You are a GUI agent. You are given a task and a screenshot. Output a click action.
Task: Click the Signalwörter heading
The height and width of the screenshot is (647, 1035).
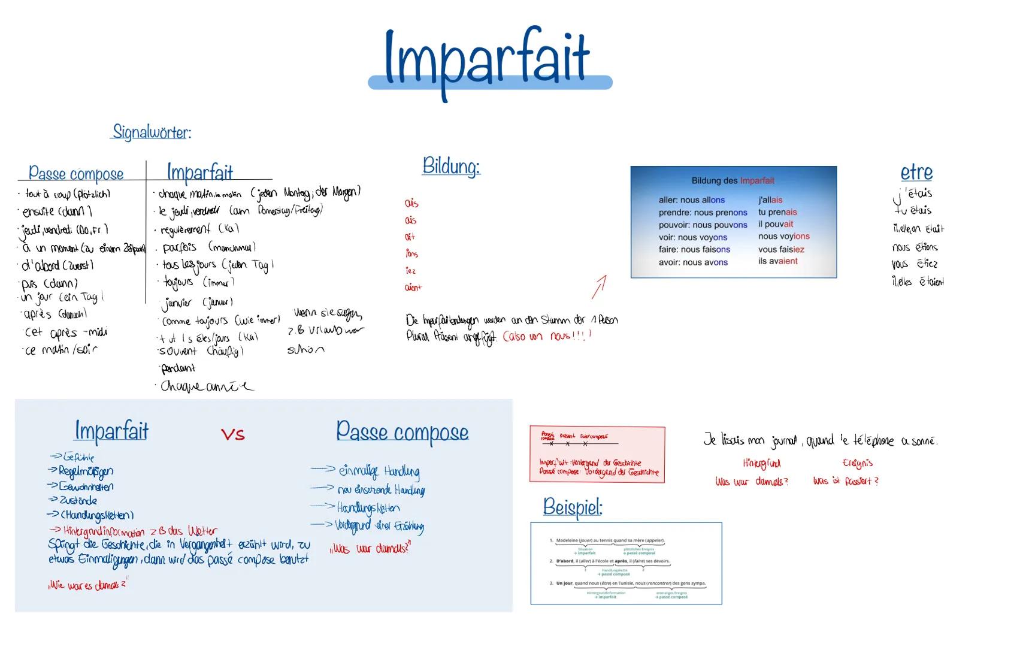tap(152, 132)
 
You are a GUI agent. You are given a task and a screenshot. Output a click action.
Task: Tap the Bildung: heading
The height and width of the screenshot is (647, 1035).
tap(451, 166)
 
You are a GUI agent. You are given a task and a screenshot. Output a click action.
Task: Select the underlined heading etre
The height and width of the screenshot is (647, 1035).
tap(916, 173)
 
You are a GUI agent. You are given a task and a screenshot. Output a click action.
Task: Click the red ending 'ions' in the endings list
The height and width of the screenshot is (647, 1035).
tap(411, 254)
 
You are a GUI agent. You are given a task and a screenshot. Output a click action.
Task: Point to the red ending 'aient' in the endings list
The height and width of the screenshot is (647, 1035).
tap(413, 288)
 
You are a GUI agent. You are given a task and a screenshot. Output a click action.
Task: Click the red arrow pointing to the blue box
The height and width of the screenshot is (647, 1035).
tap(599, 287)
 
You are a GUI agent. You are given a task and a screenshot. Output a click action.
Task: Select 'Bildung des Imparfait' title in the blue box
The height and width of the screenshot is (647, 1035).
tap(733, 180)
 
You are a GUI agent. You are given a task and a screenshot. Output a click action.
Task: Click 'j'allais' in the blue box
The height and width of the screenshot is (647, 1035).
tap(770, 200)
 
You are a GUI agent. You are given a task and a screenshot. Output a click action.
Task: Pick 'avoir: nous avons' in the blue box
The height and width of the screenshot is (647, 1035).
tap(693, 262)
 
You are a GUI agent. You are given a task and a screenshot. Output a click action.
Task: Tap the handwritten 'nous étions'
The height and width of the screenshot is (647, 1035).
tap(915, 247)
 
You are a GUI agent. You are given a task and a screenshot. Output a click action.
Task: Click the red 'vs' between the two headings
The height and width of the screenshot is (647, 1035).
tap(232, 434)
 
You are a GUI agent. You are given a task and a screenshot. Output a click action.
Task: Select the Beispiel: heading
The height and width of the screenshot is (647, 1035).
tap(572, 507)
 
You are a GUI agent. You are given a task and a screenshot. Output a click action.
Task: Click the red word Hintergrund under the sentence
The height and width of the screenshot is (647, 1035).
tap(761, 464)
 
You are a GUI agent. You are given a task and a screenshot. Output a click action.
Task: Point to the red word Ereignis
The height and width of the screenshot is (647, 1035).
tap(857, 463)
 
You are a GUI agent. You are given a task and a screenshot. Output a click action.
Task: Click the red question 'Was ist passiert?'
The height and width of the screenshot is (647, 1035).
tap(845, 481)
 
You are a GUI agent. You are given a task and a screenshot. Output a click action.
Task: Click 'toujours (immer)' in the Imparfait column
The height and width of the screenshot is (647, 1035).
tap(198, 282)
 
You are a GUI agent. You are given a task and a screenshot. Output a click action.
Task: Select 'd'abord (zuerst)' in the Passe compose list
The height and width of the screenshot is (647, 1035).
tap(57, 265)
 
